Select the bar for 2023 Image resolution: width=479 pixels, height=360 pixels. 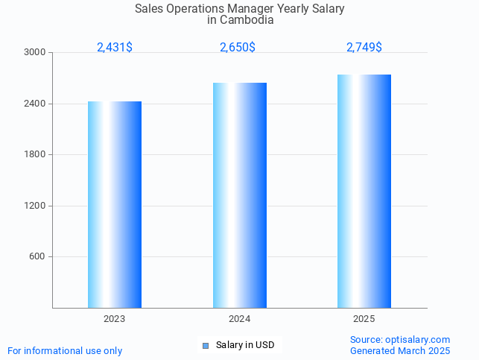click(115, 204)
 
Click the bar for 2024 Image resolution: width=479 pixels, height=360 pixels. click(239, 195)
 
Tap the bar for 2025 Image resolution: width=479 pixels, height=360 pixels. click(364, 191)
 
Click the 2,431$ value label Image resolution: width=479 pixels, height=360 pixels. click(115, 47)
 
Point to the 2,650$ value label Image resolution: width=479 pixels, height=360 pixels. click(238, 47)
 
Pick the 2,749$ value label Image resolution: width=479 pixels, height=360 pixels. click(364, 47)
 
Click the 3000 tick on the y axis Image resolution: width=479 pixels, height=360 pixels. click(35, 53)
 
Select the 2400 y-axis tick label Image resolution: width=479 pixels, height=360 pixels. click(35, 104)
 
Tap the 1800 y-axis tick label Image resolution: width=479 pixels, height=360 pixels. click(35, 155)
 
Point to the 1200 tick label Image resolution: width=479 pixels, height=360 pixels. click(35, 206)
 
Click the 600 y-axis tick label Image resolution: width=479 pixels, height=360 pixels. click(37, 257)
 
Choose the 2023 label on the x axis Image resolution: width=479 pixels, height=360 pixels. click(115, 319)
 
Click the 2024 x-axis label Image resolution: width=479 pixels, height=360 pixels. click(239, 319)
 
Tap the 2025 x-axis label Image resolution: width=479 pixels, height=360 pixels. click(364, 319)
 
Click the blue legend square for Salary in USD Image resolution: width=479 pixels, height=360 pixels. click(206, 346)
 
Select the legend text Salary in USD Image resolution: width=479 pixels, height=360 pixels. click(245, 345)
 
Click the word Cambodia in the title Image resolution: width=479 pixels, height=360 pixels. click(249, 21)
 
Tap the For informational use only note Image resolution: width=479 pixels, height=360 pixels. click(65, 350)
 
